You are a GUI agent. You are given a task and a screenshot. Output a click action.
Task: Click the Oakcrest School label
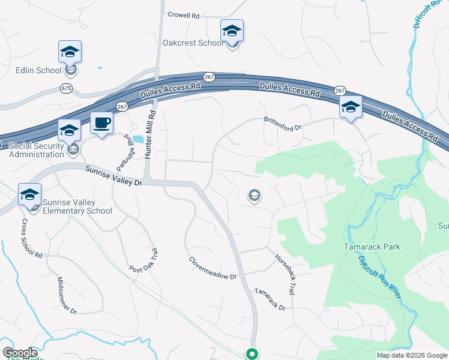coord(193,43)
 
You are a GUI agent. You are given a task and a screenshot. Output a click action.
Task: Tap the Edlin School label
coord(39,70)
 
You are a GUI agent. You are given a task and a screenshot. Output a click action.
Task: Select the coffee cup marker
coord(101,124)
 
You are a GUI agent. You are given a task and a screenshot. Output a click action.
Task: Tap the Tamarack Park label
coord(372,247)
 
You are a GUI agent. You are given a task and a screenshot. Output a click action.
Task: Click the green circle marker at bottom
coord(253,354)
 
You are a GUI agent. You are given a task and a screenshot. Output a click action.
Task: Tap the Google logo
coord(20,353)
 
